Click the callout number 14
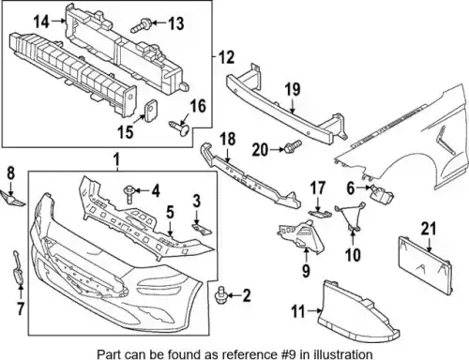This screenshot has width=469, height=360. [x=41, y=22]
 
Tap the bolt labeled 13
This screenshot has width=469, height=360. [x=142, y=25]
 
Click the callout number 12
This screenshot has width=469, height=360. [x=226, y=57]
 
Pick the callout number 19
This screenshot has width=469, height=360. [x=293, y=89]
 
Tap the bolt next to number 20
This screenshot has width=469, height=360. [x=292, y=146]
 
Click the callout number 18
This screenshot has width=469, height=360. [x=228, y=139]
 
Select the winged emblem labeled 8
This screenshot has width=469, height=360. [x=13, y=199]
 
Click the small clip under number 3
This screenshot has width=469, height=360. [x=202, y=229]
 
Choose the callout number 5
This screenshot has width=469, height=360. [x=170, y=212]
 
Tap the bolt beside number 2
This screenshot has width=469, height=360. [x=221, y=295]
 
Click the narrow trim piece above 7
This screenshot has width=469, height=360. [x=17, y=268]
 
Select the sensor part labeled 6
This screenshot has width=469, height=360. [x=382, y=195]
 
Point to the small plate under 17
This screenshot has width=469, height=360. [x=320, y=213]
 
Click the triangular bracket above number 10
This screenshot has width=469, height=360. [x=351, y=217]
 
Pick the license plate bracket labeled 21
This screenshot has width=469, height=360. [x=425, y=265]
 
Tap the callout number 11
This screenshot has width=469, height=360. [x=298, y=311]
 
